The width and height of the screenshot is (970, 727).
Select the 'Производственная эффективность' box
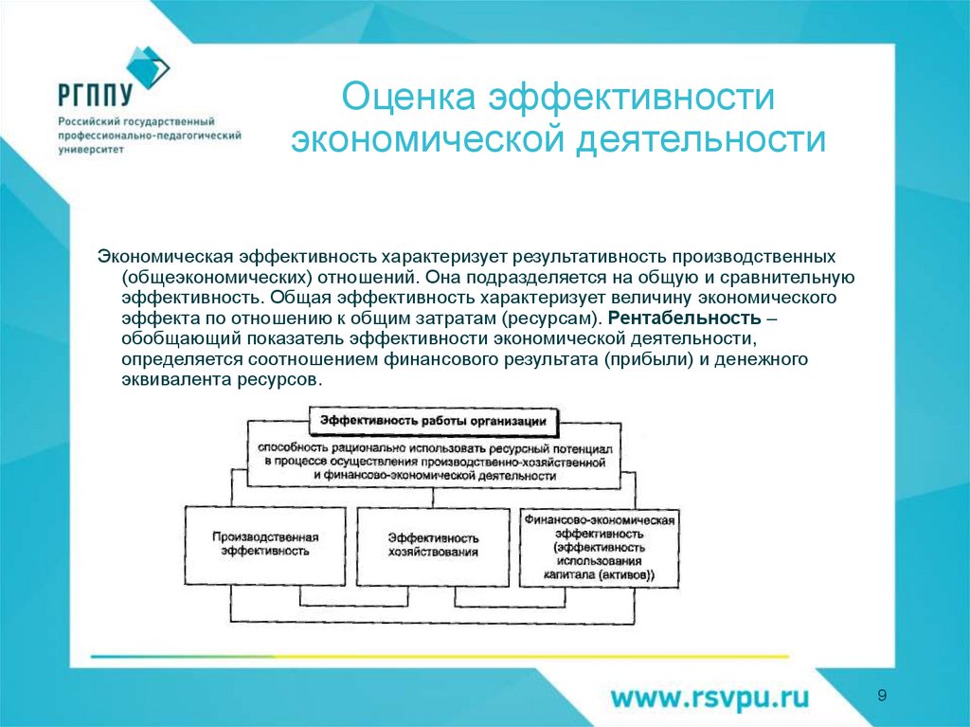(x=264, y=543)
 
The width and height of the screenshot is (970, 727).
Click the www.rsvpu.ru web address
(x=710, y=698)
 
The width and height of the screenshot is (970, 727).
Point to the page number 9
(x=882, y=697)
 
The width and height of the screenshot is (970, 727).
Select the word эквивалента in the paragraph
(x=176, y=378)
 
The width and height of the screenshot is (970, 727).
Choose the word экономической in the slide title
(x=422, y=141)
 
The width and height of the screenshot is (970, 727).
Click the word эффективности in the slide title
(x=632, y=98)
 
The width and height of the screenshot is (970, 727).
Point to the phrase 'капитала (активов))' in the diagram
(x=598, y=575)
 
